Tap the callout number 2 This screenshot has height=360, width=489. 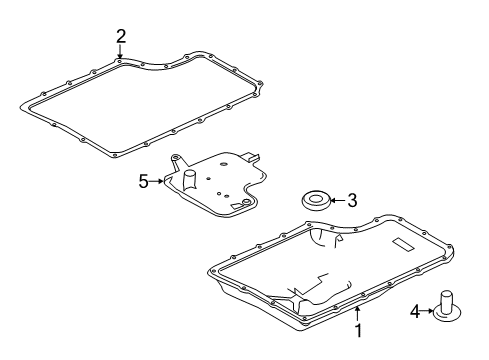121,37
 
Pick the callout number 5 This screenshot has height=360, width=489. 143,181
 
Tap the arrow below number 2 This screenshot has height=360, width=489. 121,54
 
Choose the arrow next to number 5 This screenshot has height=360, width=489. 156,181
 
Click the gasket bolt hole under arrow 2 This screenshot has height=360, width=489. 120,61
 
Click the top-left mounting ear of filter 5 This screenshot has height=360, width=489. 176,159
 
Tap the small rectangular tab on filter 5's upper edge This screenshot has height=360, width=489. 256,158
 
